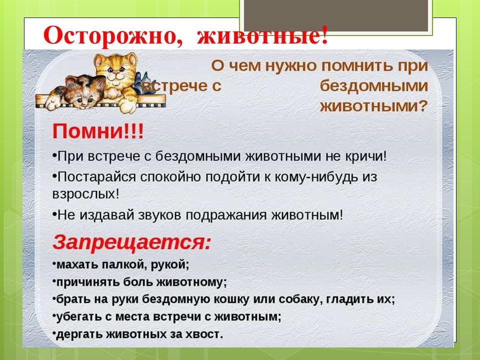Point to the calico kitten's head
(x=84, y=91)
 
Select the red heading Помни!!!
(x=98, y=131)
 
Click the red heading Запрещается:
(x=132, y=242)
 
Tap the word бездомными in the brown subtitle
(x=373, y=85)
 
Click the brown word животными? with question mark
(x=373, y=106)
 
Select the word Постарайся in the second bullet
(x=96, y=177)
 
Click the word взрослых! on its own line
(x=85, y=194)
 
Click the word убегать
(x=79, y=316)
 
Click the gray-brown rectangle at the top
(x=336, y=15)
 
